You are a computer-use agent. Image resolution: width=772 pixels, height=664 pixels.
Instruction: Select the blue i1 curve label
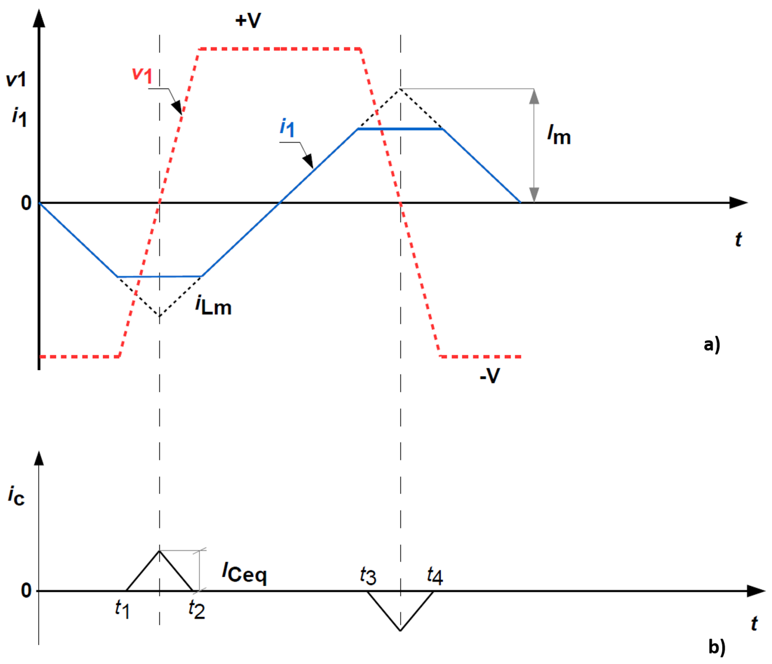click(287, 127)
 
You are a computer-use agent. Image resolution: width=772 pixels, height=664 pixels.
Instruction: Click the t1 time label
click(122, 609)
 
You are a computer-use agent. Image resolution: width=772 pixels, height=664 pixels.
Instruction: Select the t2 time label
click(196, 609)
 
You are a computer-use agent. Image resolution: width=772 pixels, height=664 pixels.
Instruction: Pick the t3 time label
click(368, 576)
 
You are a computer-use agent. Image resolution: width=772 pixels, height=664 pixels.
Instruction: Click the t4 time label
click(435, 576)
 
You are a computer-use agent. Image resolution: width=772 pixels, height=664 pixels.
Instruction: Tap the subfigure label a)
click(712, 344)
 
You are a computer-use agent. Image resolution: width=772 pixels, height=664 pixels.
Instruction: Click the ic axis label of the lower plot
click(16, 496)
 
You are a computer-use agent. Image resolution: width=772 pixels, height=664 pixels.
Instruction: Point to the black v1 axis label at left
click(16, 79)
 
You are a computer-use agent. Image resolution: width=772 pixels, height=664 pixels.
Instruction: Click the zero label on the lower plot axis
click(26, 590)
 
